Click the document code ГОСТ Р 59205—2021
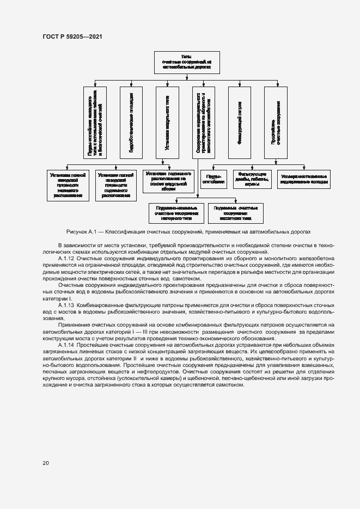point(72,36)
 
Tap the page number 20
point(46,463)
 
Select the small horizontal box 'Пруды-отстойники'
point(214,180)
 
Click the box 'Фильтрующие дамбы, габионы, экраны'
point(252,180)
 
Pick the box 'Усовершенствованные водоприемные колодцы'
point(304,180)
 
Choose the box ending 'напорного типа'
point(176,213)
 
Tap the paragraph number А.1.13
point(67,306)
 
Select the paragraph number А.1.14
point(67,346)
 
